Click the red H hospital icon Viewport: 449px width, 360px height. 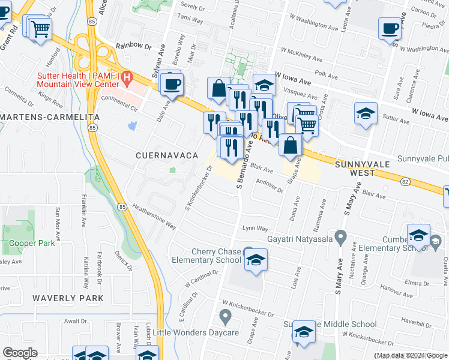pyautogui.click(x=127, y=77)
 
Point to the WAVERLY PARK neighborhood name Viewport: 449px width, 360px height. pyautogui.click(x=68, y=298)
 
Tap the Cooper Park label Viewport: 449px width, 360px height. pyautogui.click(x=32, y=244)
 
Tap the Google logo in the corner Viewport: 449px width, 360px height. pyautogui.click(x=20, y=352)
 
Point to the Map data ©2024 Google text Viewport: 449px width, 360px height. pyautogui.click(x=411, y=356)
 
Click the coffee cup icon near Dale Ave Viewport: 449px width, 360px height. pyautogui.click(x=172, y=83)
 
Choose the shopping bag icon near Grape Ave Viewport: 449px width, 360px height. pyautogui.click(x=291, y=145)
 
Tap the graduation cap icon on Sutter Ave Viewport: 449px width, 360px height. pyautogui.click(x=366, y=113)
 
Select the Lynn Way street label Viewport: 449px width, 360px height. pyautogui.click(x=255, y=229)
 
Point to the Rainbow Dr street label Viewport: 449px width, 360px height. pyautogui.click(x=133, y=45)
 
